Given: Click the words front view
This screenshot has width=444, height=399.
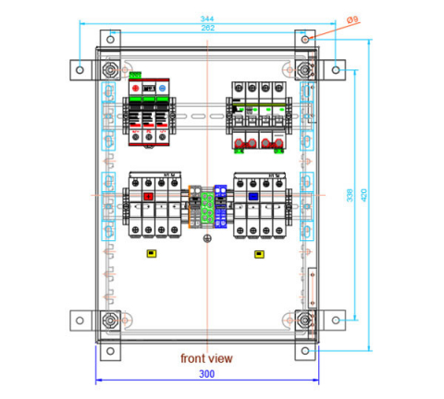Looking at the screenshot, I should (206, 357).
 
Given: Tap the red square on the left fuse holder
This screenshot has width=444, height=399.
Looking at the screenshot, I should (148, 196).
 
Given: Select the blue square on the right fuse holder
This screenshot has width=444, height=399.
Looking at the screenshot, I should (253, 196).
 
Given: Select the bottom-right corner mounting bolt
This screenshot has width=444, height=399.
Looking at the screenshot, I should (303, 320).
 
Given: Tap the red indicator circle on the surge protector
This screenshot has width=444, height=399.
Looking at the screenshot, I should (136, 91).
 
